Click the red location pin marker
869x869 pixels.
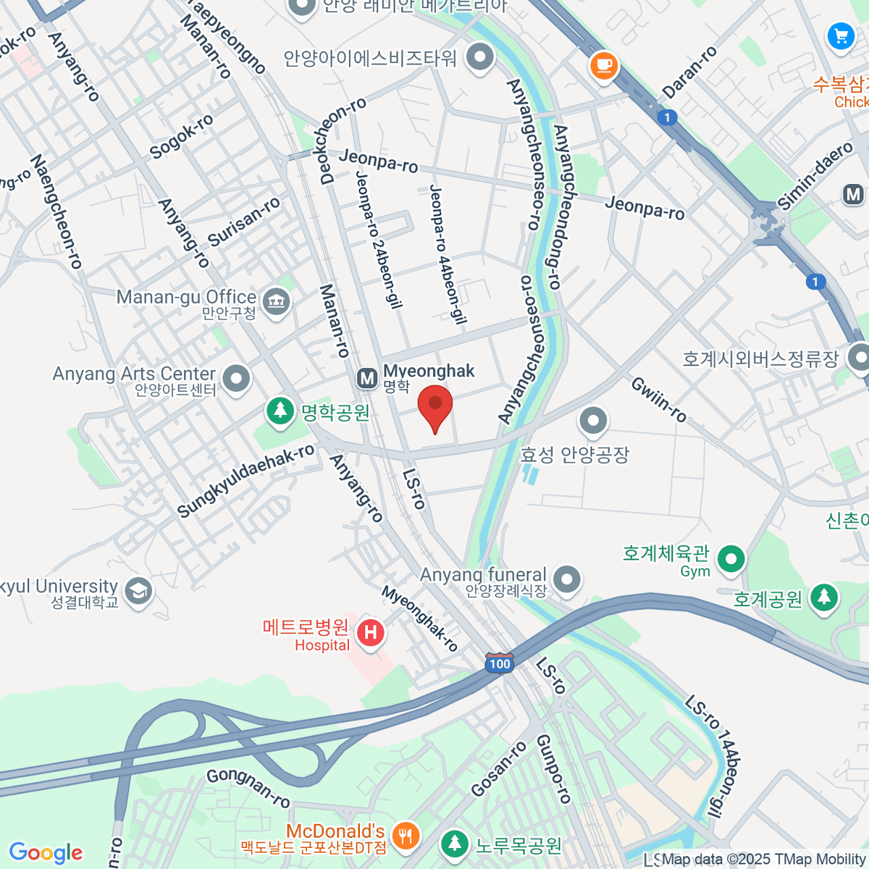(434, 406)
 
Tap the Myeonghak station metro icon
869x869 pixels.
(367, 378)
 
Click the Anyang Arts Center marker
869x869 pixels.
(236, 378)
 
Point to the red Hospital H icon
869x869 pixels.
(370, 633)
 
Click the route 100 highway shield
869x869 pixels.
(499, 663)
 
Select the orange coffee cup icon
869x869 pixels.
(603, 66)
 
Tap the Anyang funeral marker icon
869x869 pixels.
(567, 579)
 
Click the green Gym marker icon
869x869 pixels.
(731, 558)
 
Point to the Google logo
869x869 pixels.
(46, 853)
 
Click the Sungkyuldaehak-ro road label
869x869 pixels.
(245, 481)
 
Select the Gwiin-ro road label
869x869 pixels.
(658, 399)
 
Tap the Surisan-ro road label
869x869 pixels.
(244, 221)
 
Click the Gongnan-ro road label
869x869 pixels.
(248, 788)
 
